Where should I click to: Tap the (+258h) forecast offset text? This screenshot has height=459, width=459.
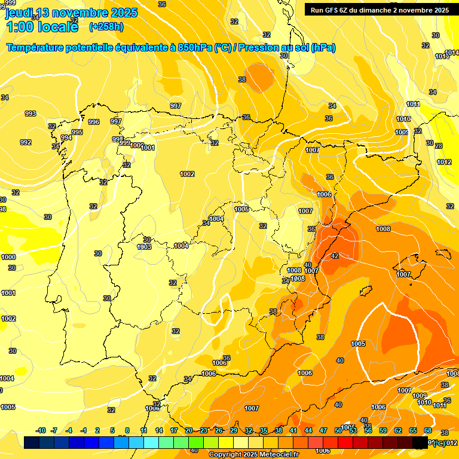pyautogui.click(x=106, y=26)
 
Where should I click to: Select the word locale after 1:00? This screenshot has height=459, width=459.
pyautogui.click(x=53, y=27)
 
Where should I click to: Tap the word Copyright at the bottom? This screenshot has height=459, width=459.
pyautogui.click(x=227, y=455)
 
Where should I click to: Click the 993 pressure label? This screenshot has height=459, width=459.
pyautogui.click(x=30, y=114)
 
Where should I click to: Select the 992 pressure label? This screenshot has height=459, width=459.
pyautogui.click(x=26, y=142)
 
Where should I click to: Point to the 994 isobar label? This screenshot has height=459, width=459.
pyautogui.click(x=66, y=137)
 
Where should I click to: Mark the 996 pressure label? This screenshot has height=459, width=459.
pyautogui.click(x=94, y=122)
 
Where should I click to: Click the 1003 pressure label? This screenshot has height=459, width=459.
pyautogui.click(x=144, y=247)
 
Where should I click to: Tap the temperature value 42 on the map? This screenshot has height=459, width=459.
pyautogui.click(x=335, y=256)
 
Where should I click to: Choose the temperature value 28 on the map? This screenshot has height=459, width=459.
pyautogui.click(x=438, y=146)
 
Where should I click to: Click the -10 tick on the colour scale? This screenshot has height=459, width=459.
pyautogui.click(x=41, y=430)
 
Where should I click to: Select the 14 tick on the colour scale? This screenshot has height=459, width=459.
pyautogui.click(x=159, y=430)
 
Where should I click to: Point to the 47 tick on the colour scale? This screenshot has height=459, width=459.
pyautogui.click(x=323, y=430)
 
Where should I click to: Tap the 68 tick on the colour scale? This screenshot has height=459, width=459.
pyautogui.click(x=428, y=430)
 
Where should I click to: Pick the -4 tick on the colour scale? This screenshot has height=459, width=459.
pyautogui.click(x=69, y=430)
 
